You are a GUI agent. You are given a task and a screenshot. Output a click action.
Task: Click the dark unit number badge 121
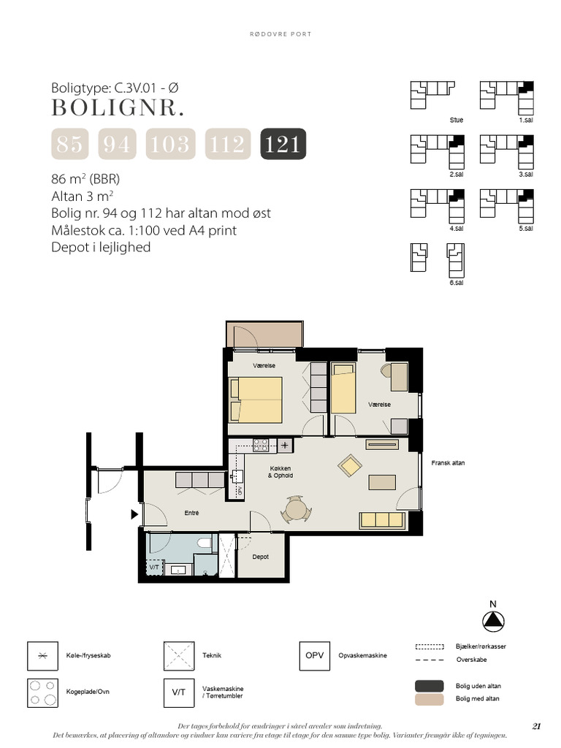pos(283,144)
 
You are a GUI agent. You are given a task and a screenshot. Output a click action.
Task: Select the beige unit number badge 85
pos(69,144)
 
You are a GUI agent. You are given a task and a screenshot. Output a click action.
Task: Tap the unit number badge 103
pos(170,144)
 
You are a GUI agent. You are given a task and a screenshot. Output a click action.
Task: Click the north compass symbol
pos(494,621)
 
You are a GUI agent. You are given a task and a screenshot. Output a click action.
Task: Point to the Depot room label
pos(261,557)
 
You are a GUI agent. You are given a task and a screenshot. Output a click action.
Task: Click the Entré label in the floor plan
pos(191,513)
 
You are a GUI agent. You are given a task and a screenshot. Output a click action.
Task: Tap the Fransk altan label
pos(447,463)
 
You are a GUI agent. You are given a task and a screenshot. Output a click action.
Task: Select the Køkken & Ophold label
pos(280,471)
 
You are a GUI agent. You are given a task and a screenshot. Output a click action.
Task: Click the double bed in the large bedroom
pos(256,400)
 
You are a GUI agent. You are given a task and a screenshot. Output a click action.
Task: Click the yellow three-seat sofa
pos(382,520)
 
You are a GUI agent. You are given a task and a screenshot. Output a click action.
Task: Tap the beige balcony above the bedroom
pos(265,335)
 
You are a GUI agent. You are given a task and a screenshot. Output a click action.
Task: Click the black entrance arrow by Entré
pos(134,514)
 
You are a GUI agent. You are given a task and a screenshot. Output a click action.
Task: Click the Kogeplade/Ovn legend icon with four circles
pos(42,691)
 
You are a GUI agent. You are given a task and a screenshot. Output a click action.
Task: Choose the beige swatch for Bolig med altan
pos(430,699)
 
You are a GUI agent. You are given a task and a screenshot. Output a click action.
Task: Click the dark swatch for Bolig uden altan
pos(430,686)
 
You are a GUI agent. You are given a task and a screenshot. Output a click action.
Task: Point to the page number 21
pos(537,726)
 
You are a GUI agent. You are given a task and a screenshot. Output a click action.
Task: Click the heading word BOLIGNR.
pos(118,108)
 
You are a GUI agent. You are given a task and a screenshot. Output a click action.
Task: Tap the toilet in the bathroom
pos(204,545)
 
